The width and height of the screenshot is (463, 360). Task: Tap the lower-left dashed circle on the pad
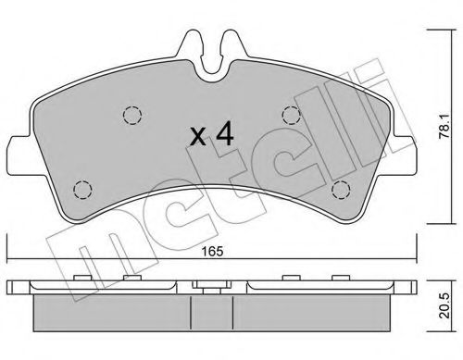82,191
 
